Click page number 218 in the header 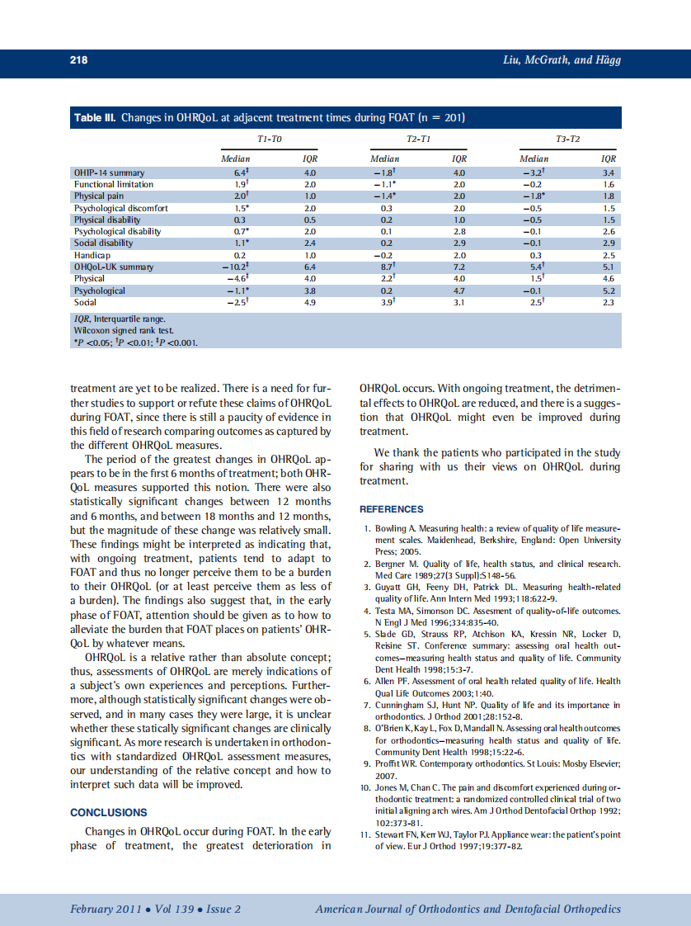tap(78, 60)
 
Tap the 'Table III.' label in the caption tap(96, 118)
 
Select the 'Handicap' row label tap(91, 256)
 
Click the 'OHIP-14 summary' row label tap(109, 172)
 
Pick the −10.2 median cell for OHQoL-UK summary tap(236, 267)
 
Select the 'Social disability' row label tap(103, 243)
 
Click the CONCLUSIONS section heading tap(109, 812)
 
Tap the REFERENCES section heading tap(392, 509)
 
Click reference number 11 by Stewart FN tap(491, 841)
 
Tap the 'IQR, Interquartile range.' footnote tap(120, 318)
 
